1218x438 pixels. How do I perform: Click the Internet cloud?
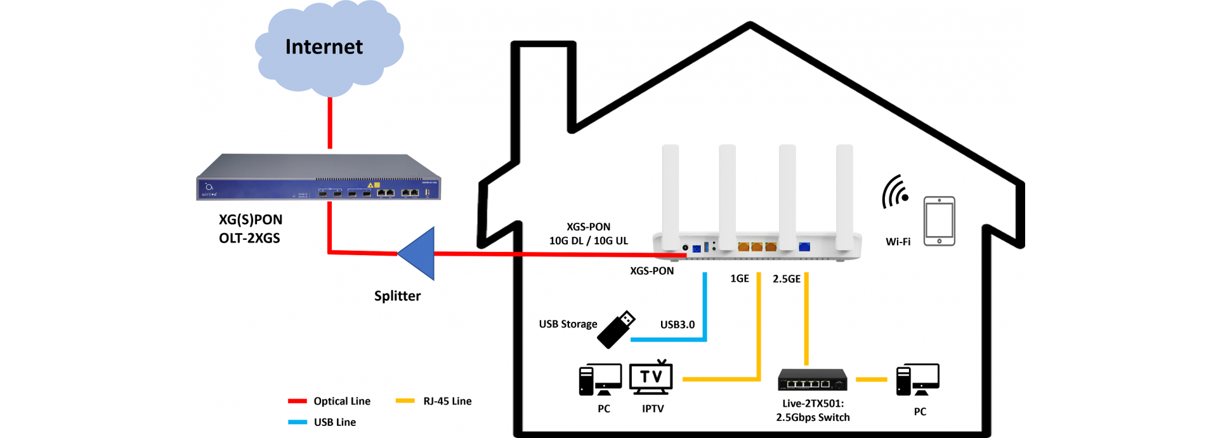pyautogui.click(x=329, y=48)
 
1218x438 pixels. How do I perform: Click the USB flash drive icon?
pyautogui.click(x=616, y=329)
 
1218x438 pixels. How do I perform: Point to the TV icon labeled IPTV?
pyautogui.click(x=651, y=377)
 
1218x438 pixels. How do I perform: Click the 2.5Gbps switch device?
pyautogui.click(x=813, y=380)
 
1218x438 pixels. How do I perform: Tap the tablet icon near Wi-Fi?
pyautogui.click(x=940, y=221)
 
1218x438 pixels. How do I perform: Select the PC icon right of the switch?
pyautogui.click(x=918, y=380)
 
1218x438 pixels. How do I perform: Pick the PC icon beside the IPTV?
pyautogui.click(x=600, y=380)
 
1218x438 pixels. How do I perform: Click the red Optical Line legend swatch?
pyautogui.click(x=298, y=401)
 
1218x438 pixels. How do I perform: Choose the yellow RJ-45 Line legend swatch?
pyautogui.click(x=405, y=401)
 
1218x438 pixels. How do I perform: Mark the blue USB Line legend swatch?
pyautogui.click(x=298, y=422)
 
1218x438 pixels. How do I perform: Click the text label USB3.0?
pyautogui.click(x=678, y=324)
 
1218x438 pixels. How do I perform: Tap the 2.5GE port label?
pyautogui.click(x=787, y=279)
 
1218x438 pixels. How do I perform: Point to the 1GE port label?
pyautogui.click(x=740, y=279)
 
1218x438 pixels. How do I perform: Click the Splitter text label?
pyautogui.click(x=397, y=296)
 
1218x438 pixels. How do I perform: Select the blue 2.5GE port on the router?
pyautogui.click(x=804, y=247)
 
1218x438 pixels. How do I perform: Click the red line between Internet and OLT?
pyautogui.click(x=330, y=123)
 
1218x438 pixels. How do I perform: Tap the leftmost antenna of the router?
pyautogui.click(x=671, y=196)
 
